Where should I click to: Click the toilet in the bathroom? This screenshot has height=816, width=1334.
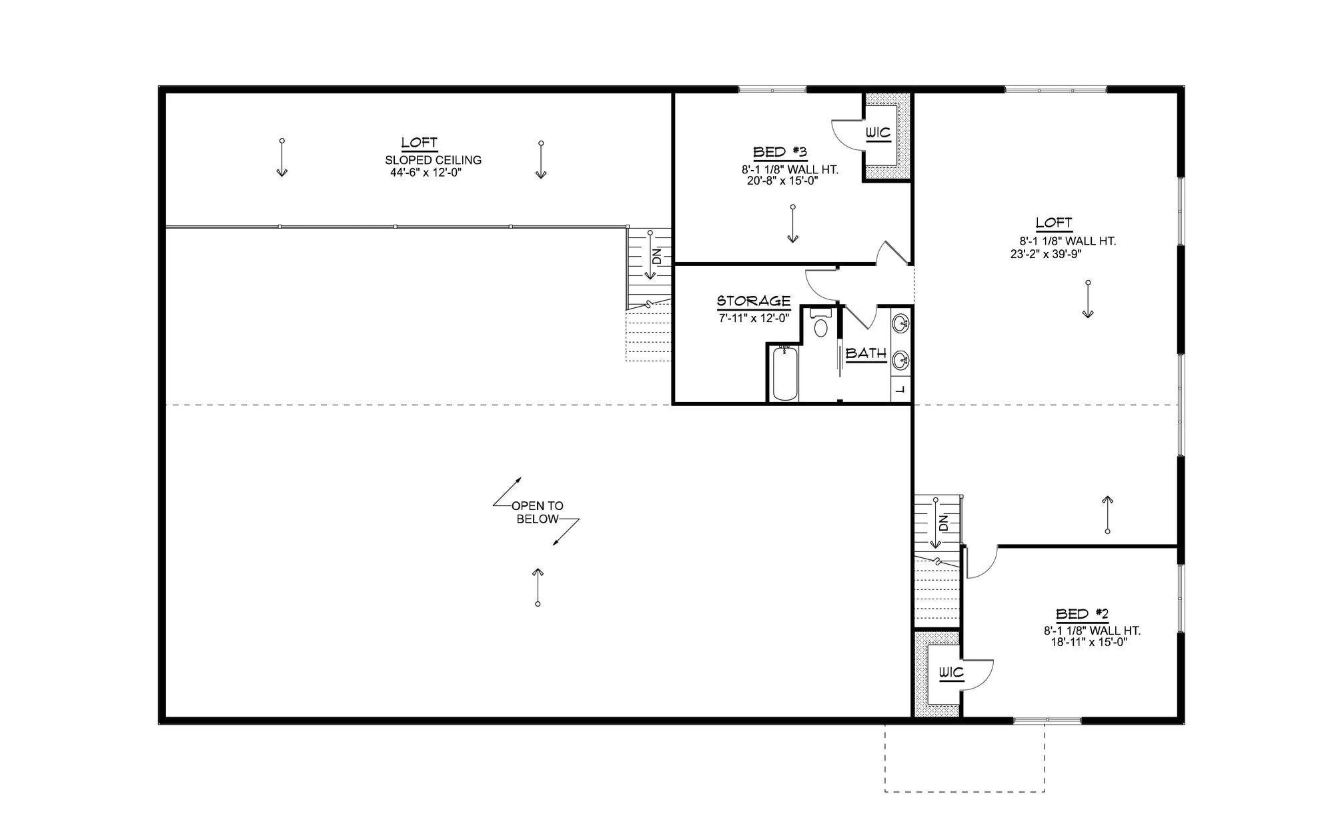[x=821, y=327]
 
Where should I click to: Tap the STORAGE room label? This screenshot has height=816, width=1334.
[x=754, y=301]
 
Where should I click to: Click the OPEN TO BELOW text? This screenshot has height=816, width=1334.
[x=538, y=513]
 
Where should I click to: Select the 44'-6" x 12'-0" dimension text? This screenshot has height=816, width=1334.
[x=426, y=173]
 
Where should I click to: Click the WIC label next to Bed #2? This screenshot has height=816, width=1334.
[x=951, y=673]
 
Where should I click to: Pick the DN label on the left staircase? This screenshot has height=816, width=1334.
[x=657, y=256]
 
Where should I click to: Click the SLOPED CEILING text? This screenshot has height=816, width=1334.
[x=433, y=160]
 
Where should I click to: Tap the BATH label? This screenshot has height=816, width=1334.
[x=866, y=354]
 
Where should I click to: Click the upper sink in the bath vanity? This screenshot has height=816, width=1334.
[x=900, y=324]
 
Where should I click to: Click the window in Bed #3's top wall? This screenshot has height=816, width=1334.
[x=772, y=89]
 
